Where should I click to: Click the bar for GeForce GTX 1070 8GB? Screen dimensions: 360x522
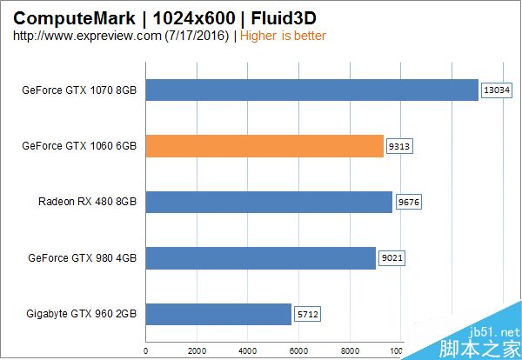[311, 90]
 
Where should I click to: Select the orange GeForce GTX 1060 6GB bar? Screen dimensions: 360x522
[264, 146]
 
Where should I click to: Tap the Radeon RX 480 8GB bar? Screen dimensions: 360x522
[269, 203]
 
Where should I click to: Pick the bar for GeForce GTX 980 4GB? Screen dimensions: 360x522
[260, 258]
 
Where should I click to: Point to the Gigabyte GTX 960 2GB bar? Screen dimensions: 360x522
[218, 314]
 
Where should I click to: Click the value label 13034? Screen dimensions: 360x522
[497, 90]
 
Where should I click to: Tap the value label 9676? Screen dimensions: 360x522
[409, 203]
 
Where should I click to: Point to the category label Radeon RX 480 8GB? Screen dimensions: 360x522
[87, 203]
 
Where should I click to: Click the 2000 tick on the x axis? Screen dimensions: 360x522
[197, 352]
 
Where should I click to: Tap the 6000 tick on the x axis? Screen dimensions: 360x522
[298, 352]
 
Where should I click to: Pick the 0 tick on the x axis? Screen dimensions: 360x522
[146, 352]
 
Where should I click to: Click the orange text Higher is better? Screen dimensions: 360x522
[283, 36]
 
